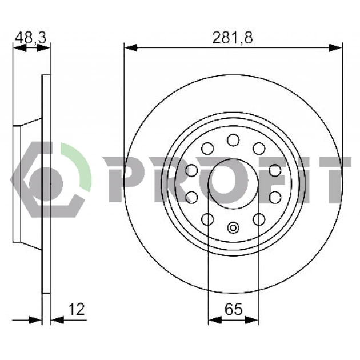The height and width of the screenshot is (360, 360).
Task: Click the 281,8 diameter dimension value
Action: coord(232,38)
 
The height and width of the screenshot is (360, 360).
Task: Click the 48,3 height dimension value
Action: coord(31,38)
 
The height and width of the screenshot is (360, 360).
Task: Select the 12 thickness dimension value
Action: coord(77,309)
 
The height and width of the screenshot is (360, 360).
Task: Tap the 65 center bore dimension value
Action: coord(234,309)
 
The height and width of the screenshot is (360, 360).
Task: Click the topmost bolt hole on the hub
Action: coord(233,140)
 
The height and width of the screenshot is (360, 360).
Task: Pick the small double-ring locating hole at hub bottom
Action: coord(233,228)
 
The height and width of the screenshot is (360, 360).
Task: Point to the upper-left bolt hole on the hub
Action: coord(207,148)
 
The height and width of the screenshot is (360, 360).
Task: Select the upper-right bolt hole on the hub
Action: coord(259,148)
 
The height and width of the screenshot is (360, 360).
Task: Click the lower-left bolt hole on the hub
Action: coord(207,219)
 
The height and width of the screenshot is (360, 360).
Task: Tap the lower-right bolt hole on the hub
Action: coord(259,219)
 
